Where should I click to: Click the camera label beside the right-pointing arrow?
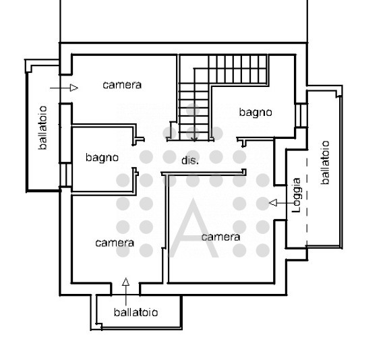click(122, 85)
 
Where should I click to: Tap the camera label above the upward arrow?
click(115, 243)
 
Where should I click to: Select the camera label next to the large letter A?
click(220, 237)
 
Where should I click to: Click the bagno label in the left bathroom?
click(102, 158)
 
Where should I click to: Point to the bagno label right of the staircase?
click(256, 113)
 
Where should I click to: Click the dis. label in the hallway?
click(190, 160)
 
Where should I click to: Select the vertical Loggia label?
click(296, 196)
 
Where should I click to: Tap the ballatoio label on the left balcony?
click(43, 127)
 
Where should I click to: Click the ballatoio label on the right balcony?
click(326, 162)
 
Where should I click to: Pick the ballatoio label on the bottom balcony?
click(136, 313)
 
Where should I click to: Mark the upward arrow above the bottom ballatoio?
click(125, 286)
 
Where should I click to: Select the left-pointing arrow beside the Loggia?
click(276, 202)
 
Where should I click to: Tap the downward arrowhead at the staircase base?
click(194, 138)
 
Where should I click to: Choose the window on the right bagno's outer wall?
click(301, 115)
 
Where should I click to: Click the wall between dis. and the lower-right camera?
click(202, 174)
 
